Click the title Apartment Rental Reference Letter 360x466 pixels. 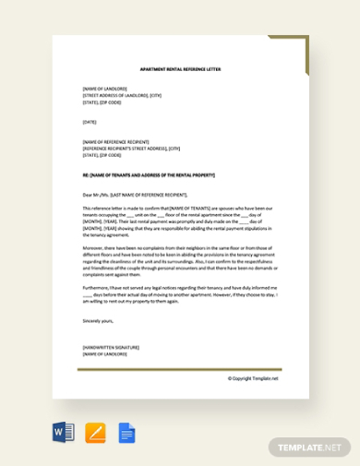point(180,69)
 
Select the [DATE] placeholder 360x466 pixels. point(90,122)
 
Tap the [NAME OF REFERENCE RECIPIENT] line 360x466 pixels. point(115,141)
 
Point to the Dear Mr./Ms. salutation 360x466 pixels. point(135,195)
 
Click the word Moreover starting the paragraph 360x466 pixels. point(93,247)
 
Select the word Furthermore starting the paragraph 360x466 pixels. point(96,287)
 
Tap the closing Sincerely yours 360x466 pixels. point(98,320)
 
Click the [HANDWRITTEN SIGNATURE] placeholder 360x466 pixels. point(111,347)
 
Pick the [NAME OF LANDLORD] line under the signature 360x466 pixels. point(104,353)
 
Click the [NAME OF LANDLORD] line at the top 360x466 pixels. point(104,89)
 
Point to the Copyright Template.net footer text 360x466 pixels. point(253,377)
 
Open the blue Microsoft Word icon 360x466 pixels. point(64,433)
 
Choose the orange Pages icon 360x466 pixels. point(95,433)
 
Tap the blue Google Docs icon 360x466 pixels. point(126,433)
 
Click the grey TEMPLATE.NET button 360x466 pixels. point(309,448)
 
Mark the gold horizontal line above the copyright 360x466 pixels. point(179,369)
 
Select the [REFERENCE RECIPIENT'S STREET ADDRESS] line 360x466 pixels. point(131,148)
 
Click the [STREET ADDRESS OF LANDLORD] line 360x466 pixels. point(122,95)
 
